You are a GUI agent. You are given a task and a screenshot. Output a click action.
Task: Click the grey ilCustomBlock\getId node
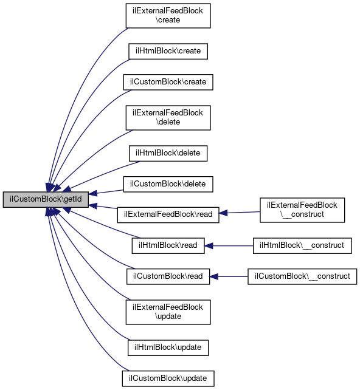(46, 199)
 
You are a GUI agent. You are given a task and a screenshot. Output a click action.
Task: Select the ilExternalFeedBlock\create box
(168, 16)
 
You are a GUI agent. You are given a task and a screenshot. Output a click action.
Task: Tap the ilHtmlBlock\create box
(168, 52)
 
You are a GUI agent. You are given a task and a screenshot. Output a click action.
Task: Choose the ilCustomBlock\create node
(168, 82)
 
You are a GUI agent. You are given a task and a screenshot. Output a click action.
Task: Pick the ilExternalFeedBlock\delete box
(168, 118)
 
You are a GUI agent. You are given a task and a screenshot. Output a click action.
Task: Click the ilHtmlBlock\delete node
(168, 154)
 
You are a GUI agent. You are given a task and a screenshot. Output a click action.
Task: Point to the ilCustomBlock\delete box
(168, 184)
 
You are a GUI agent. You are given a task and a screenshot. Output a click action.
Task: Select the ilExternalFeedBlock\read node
(168, 214)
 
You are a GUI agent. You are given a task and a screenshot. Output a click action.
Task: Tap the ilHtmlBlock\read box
(168, 246)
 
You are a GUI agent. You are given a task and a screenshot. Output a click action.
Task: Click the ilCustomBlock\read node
(168, 276)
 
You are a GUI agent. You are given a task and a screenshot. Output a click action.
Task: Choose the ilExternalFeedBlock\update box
(168, 312)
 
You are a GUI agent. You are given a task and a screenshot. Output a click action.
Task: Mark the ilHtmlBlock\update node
(168, 347)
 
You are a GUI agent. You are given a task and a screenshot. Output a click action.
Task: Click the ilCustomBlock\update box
(168, 378)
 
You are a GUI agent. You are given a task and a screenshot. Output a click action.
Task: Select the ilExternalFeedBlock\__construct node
(302, 210)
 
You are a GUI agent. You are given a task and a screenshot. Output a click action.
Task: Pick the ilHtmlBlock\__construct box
(302, 246)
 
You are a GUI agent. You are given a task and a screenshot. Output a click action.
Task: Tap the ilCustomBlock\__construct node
(302, 276)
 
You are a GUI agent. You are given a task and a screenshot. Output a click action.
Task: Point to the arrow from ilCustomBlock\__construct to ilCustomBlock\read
(229, 276)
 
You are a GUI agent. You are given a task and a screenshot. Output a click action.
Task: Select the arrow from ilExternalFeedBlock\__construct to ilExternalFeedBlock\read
(240, 213)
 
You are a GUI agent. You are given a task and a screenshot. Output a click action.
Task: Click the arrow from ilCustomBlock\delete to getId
(106, 192)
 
